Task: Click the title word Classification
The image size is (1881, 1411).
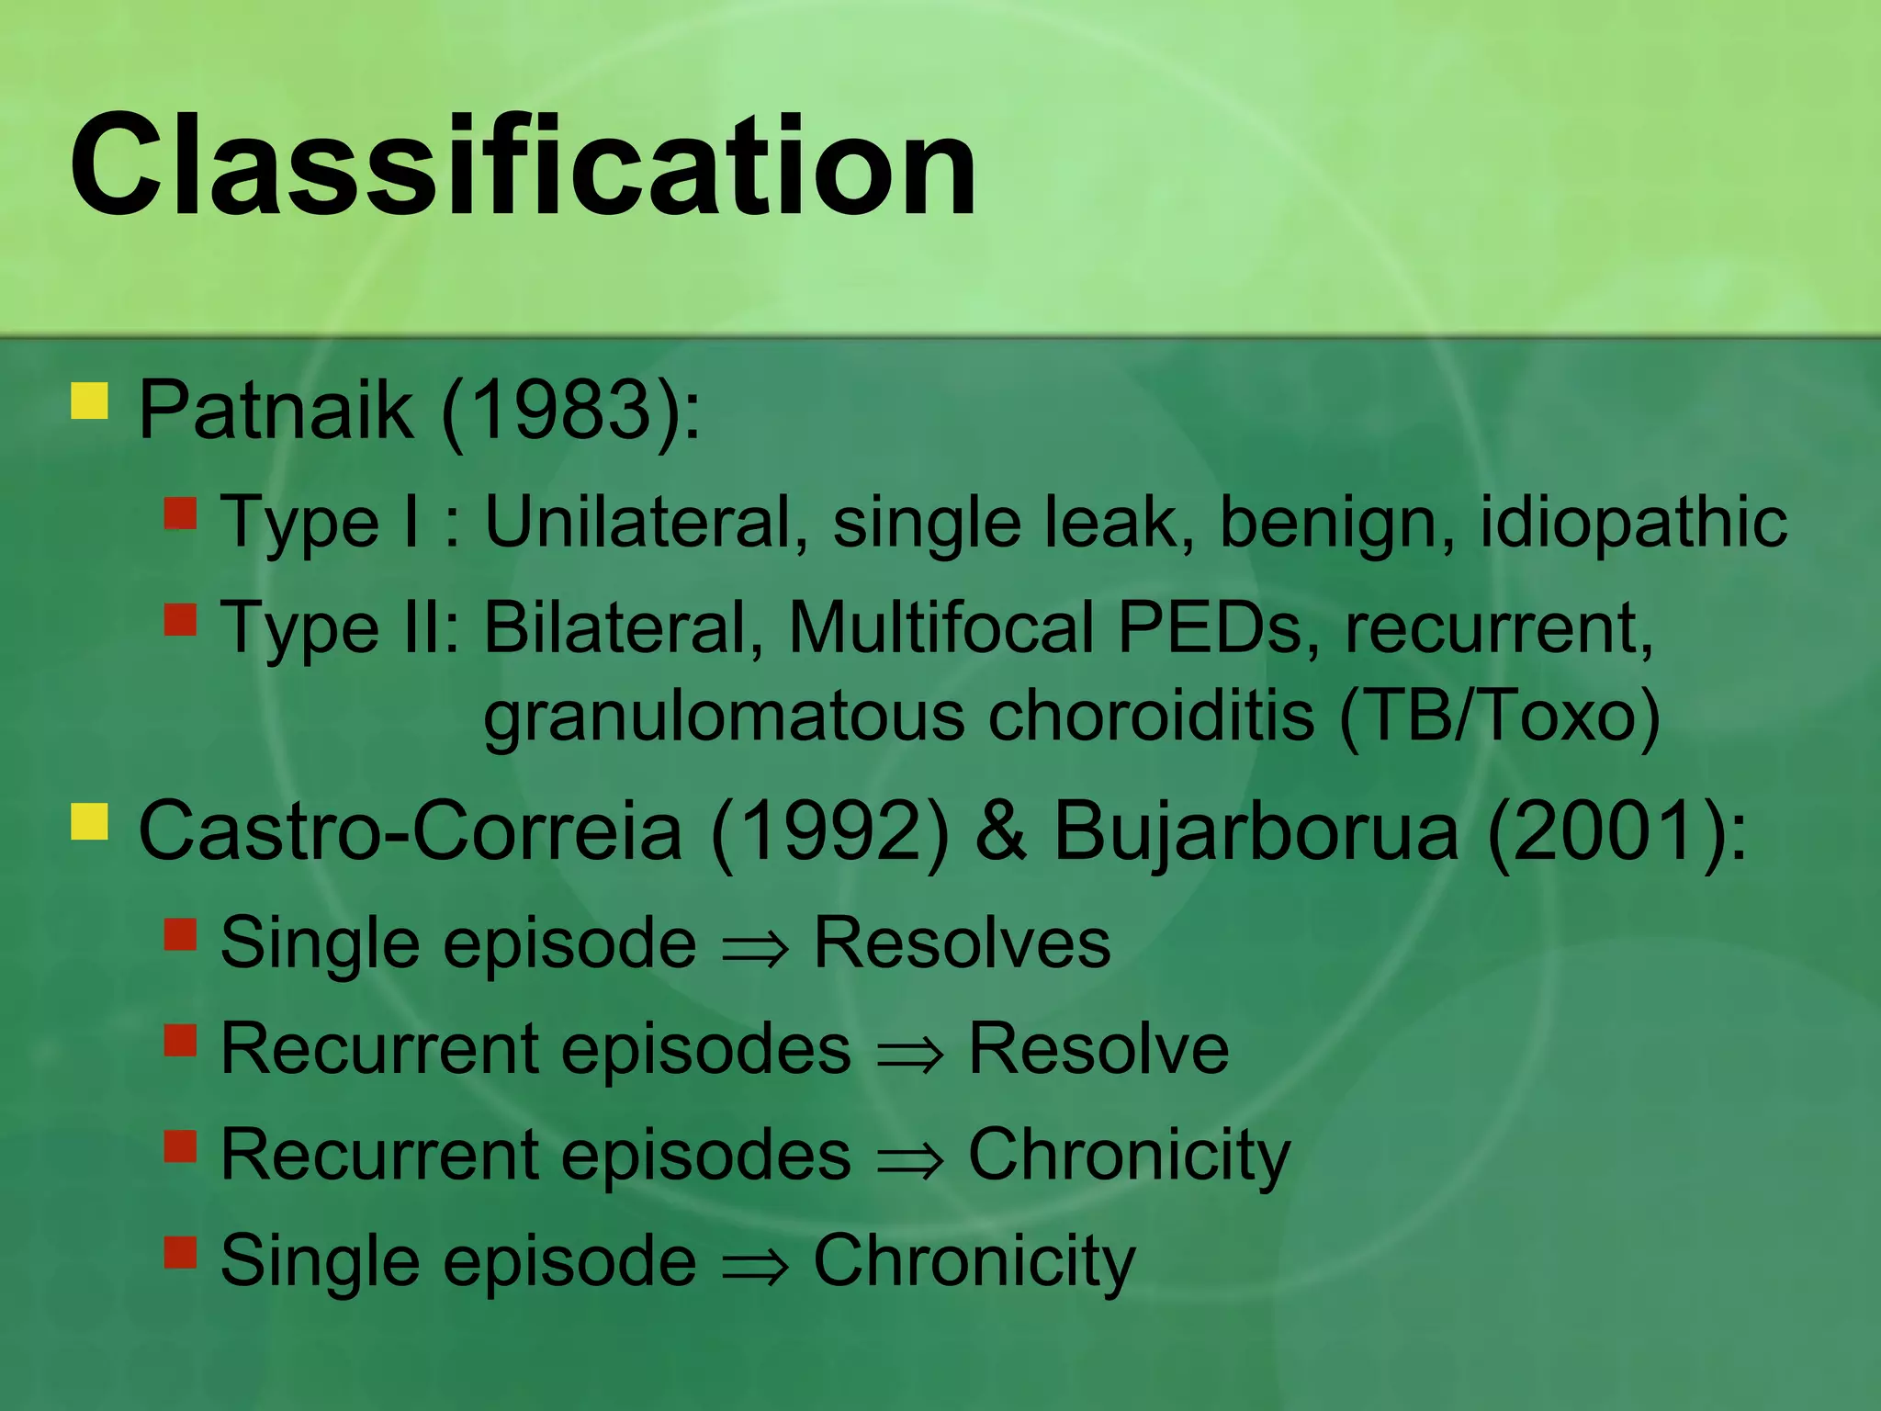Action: (524, 165)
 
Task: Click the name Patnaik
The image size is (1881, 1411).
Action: (276, 410)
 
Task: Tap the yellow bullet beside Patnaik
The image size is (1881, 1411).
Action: (90, 401)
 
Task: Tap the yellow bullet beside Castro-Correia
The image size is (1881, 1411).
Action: (90, 822)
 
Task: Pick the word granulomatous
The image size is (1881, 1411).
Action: (724, 717)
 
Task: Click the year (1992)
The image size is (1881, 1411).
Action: (829, 831)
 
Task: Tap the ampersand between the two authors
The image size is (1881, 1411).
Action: (1000, 831)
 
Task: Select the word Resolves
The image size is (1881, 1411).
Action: (962, 943)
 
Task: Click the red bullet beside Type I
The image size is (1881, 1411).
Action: (181, 514)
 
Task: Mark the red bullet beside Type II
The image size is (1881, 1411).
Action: (181, 619)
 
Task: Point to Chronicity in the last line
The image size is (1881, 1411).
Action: (974, 1261)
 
